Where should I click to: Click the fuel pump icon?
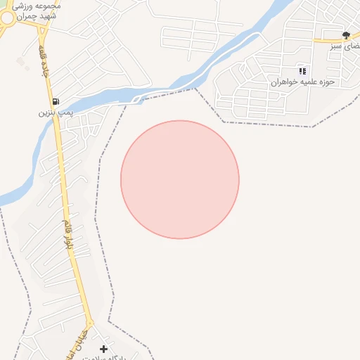point(56,101)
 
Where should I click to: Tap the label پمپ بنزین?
point(56,112)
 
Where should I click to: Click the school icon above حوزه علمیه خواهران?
point(302,71)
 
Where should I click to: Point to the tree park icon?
point(345,34)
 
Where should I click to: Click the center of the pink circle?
point(180,180)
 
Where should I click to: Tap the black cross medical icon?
point(104,349)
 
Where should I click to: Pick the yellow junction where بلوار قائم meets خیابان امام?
point(90,320)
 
